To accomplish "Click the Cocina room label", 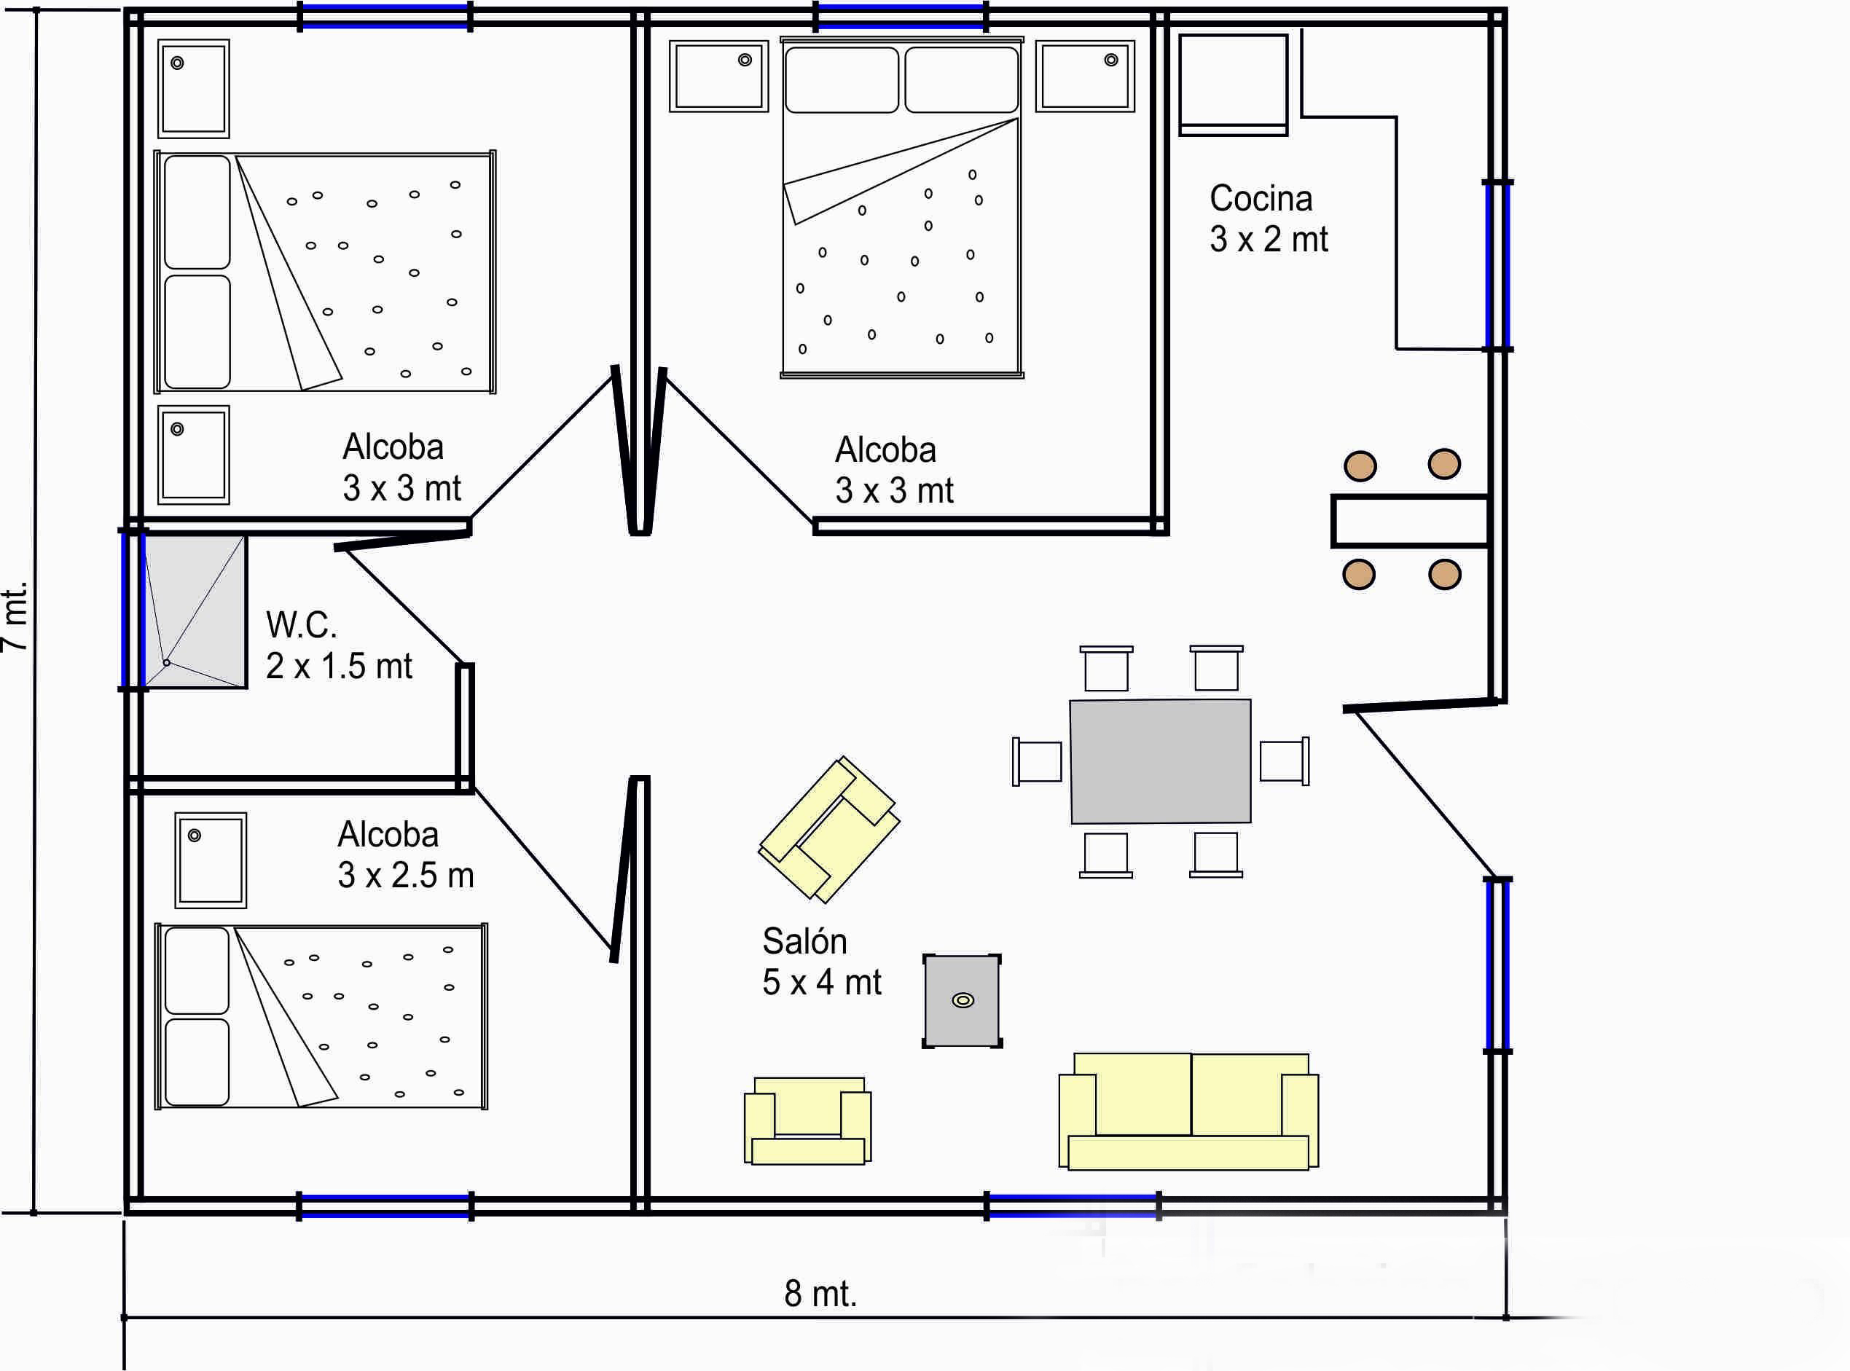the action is [1269, 219].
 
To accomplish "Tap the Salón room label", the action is [821, 962].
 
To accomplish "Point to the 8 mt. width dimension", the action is [820, 1294].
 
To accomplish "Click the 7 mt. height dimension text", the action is [15, 616].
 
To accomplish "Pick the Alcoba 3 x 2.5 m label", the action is [405, 855].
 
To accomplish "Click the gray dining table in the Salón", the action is [1160, 761].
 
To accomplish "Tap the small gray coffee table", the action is [962, 1001].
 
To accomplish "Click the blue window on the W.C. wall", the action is [133, 610].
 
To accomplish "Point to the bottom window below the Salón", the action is [1073, 1205].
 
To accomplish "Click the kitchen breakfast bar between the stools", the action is [1409, 521].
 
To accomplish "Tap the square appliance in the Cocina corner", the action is [1234, 85].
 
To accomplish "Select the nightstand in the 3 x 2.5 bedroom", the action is [211, 860].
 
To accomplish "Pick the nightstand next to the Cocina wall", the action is [1085, 76].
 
